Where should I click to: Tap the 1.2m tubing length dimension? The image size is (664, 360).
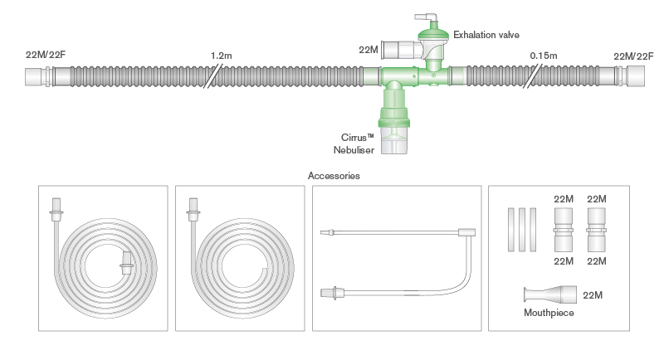coord(221,56)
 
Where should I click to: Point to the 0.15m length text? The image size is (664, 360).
coord(543,56)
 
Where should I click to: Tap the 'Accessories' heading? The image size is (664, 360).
coord(333,176)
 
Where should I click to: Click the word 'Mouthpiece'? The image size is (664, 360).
coord(548,314)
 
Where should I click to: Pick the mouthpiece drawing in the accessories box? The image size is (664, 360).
coord(549,294)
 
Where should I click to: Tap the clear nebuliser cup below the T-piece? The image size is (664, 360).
coord(395,140)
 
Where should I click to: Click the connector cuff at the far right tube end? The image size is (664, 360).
coord(634,78)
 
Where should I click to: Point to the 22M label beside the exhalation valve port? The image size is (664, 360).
coord(369,50)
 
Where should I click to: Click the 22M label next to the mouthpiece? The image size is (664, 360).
coord(593,295)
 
